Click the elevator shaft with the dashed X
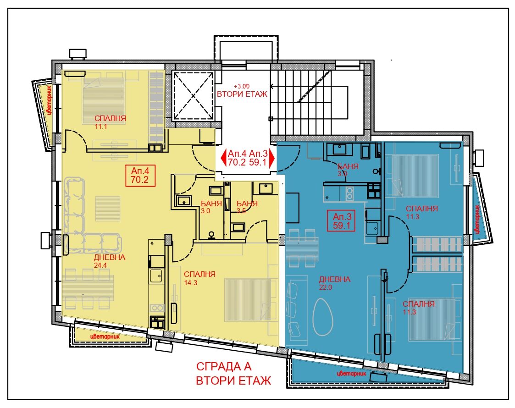click(193, 96)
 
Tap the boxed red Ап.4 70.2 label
click(140, 176)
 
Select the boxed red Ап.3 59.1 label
click(342, 221)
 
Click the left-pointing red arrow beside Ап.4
click(223, 158)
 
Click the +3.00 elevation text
click(241, 86)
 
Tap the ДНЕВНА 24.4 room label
click(109, 261)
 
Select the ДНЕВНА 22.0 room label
click(335, 283)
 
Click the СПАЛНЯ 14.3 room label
click(199, 278)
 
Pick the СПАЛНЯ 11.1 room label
click(110, 122)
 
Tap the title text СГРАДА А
click(224, 366)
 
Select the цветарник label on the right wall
click(476, 219)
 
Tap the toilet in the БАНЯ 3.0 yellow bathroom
click(211, 235)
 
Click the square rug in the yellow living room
click(108, 209)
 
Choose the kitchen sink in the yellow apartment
click(156, 275)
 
